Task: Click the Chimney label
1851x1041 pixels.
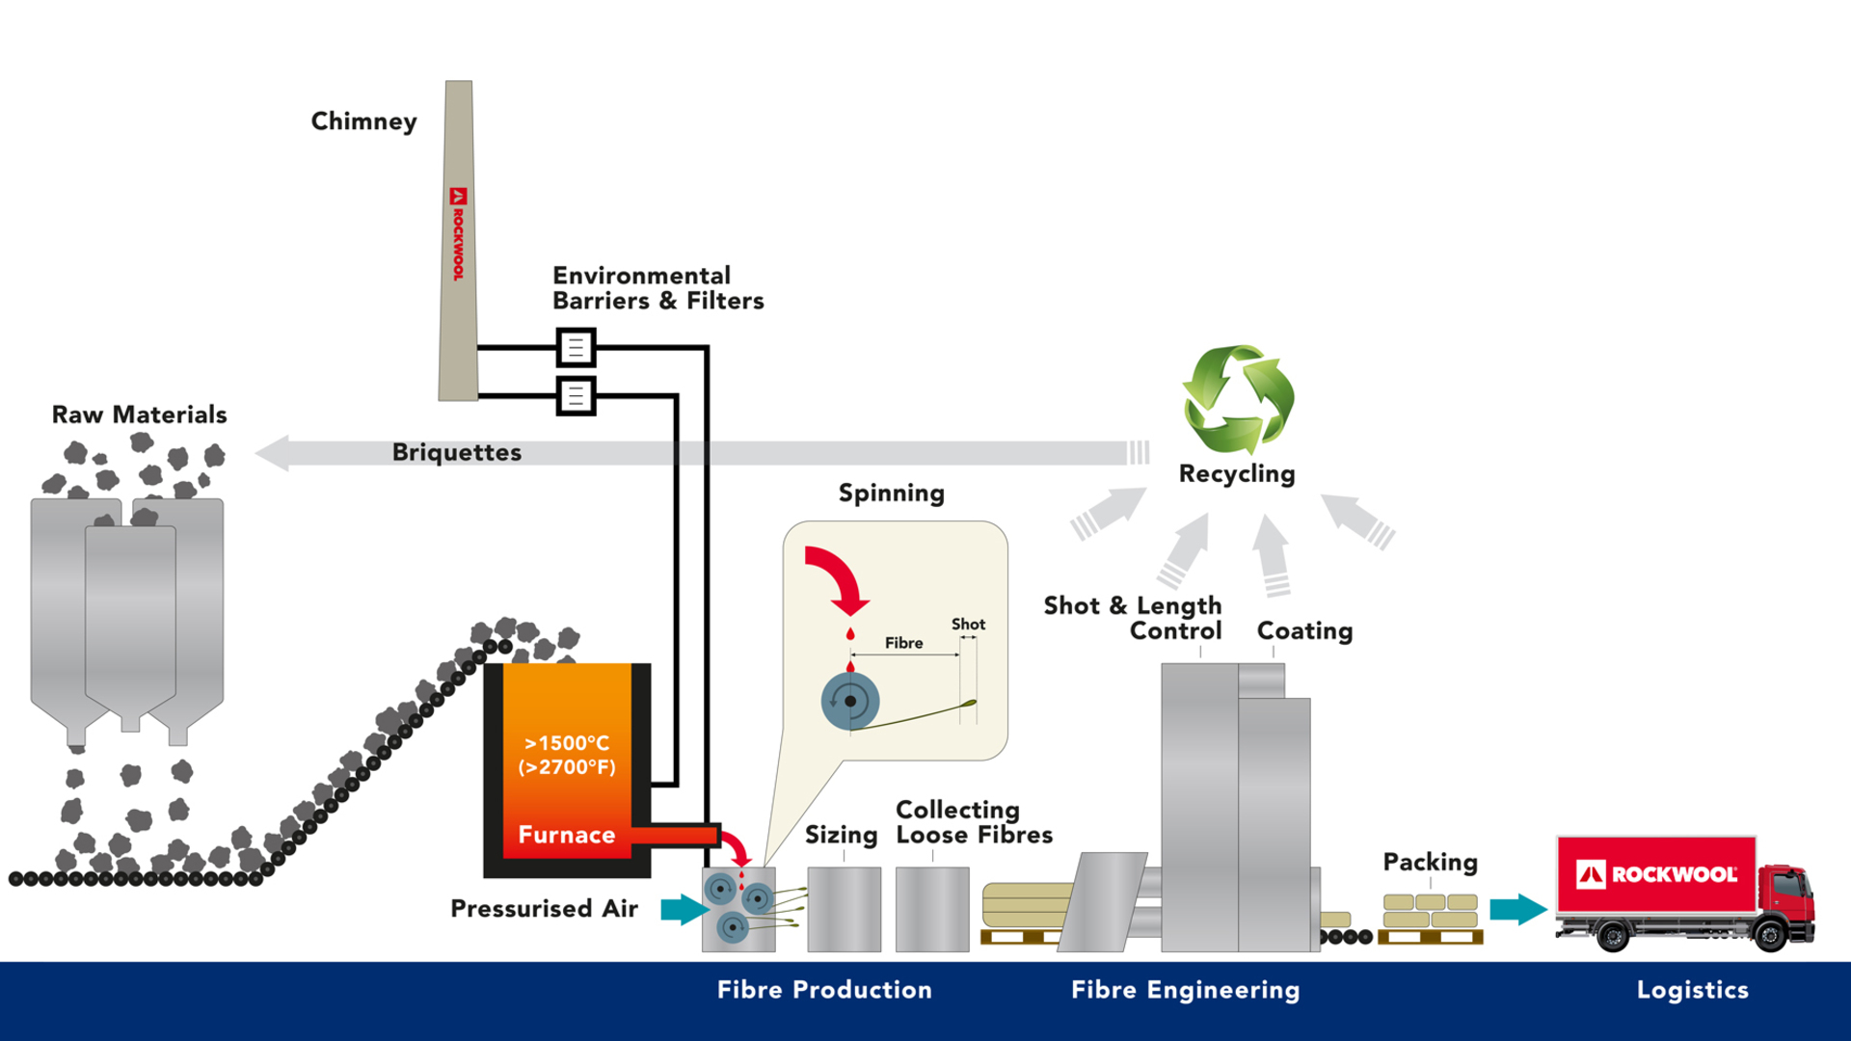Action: click(363, 121)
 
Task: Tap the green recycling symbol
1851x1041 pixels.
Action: click(1239, 398)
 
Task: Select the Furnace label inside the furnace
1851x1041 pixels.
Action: click(566, 835)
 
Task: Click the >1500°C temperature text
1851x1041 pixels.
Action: click(567, 743)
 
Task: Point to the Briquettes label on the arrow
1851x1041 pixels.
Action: click(456, 452)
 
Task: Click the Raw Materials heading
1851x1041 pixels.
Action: click(140, 414)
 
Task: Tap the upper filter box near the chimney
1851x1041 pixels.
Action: click(576, 347)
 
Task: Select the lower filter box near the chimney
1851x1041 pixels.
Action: click(576, 395)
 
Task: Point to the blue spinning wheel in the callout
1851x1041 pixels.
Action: click(849, 701)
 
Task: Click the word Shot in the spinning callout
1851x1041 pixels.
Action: click(968, 625)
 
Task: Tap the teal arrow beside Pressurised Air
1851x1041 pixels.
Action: click(684, 908)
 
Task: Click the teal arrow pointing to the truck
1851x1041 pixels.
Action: click(1516, 908)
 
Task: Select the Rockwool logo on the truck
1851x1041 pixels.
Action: click(1656, 874)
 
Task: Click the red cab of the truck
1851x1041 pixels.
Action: click(1785, 896)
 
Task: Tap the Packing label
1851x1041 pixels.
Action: click(1430, 862)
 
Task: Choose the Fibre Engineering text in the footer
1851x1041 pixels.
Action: click(1185, 990)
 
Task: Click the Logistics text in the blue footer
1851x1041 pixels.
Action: click(1692, 990)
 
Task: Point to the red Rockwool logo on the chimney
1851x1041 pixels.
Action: click(458, 234)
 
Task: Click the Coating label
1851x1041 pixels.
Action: click(1304, 630)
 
